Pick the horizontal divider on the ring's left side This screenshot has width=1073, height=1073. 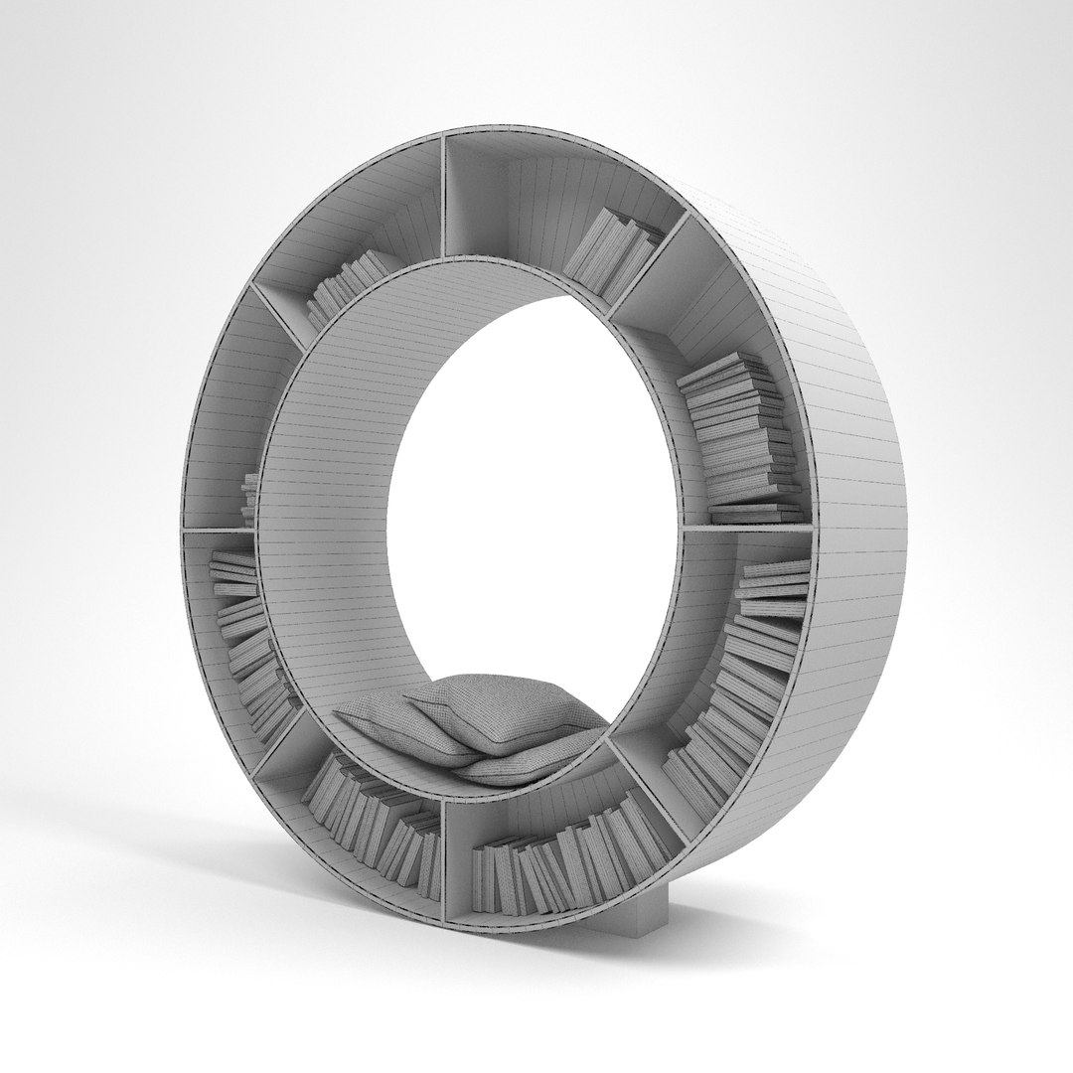tap(219, 529)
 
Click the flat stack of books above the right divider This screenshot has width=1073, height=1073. tap(735, 437)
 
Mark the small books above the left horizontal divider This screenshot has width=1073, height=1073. tap(249, 497)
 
